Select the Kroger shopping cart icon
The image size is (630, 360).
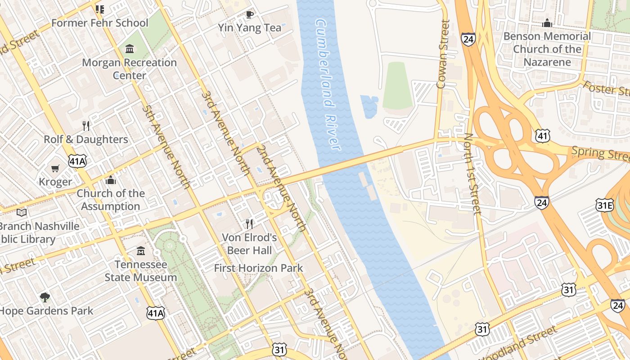tap(55, 169)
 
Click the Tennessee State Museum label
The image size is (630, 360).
tap(141, 271)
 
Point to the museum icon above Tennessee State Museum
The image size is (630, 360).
tap(141, 251)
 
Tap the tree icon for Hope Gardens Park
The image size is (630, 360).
tap(45, 297)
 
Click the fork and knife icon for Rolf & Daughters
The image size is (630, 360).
tap(86, 126)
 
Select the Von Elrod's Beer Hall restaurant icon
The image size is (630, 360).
tap(249, 224)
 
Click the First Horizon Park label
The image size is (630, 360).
tap(258, 268)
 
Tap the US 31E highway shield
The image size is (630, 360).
tap(604, 206)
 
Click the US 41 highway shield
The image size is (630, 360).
tap(542, 135)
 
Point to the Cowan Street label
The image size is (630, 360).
tap(443, 54)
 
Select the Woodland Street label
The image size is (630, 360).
tap(517, 344)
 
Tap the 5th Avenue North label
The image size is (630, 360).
tap(166, 146)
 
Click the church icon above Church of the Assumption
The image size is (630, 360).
tap(111, 180)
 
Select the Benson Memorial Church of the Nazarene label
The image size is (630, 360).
tap(547, 49)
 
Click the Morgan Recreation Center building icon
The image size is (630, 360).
tap(130, 49)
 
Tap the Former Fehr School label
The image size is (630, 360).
tap(99, 23)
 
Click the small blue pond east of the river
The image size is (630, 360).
tap(369, 106)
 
